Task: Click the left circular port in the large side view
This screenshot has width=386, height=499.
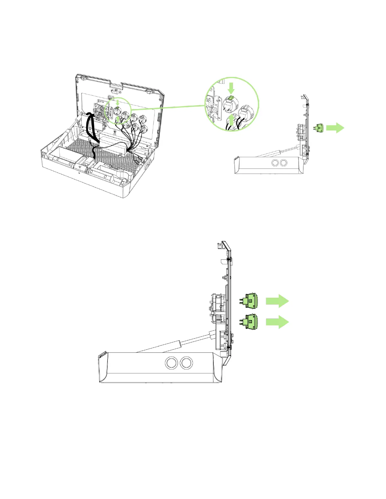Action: pos(171,363)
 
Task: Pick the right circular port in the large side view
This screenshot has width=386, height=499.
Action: pos(187,363)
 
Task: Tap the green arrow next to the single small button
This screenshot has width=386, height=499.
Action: pos(335,128)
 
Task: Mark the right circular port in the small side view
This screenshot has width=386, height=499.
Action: pos(284,163)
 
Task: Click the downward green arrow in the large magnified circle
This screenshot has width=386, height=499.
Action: pos(231,88)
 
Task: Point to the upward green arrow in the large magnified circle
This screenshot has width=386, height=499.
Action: pos(232,121)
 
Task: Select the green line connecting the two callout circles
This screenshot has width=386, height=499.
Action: pos(167,107)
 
